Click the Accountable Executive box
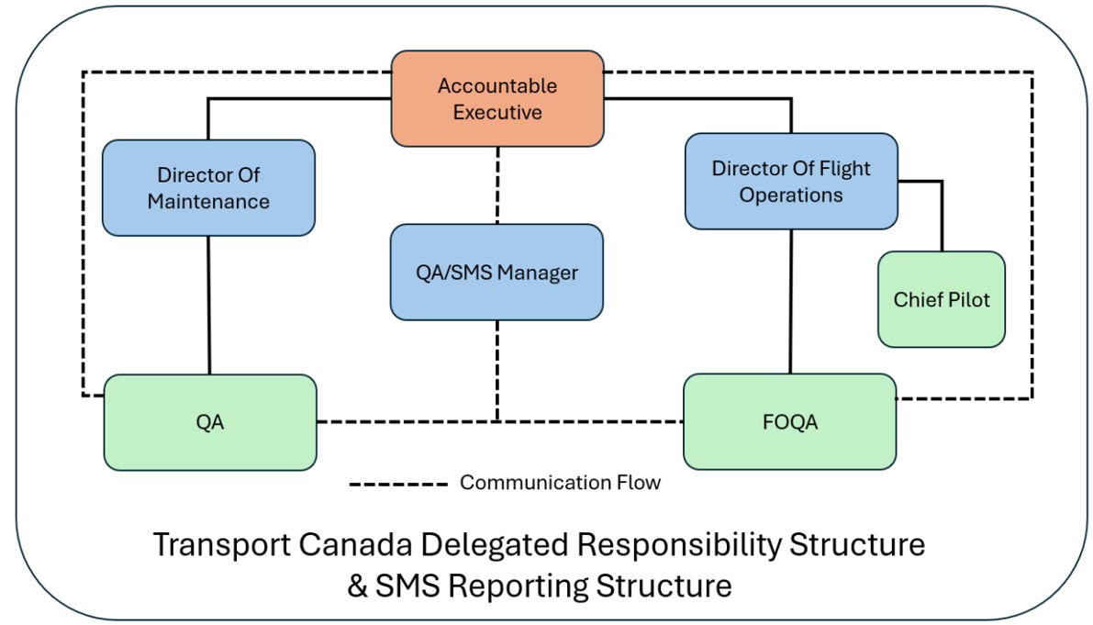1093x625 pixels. (497, 98)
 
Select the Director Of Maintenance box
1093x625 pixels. (208, 187)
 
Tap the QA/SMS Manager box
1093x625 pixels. (496, 272)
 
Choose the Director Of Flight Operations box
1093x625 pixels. (790, 181)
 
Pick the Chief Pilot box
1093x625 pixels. (941, 299)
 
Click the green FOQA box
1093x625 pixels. (789, 421)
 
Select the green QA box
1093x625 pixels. (209, 422)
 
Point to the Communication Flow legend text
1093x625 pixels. (560, 483)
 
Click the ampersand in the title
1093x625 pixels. (358, 586)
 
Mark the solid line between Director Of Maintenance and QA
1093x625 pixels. (209, 305)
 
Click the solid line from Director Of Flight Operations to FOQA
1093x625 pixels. (791, 301)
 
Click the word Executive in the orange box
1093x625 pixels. (497, 112)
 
